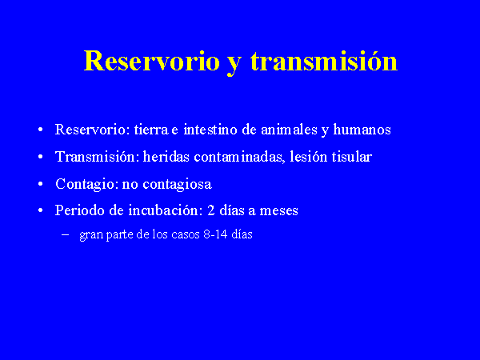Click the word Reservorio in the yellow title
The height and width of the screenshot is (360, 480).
[x=152, y=61]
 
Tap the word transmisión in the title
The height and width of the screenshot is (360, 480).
[x=324, y=61]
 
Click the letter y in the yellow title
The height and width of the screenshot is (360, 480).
[x=234, y=65]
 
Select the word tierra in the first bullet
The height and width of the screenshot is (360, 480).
[x=151, y=129]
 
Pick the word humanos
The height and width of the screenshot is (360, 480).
[x=362, y=129]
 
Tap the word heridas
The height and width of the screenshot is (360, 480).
[x=166, y=157]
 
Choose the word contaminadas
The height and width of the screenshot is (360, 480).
[x=239, y=158]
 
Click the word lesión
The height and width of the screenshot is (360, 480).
[x=309, y=157]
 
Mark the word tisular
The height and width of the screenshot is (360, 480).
[x=352, y=157]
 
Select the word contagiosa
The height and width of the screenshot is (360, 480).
[x=178, y=185]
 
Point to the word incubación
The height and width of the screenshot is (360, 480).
[x=166, y=210]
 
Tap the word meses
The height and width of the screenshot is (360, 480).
[x=278, y=211]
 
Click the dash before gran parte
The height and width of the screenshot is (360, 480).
[x=65, y=234]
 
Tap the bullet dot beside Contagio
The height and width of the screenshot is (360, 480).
[x=41, y=184]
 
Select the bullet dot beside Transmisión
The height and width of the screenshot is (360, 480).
[x=41, y=157]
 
